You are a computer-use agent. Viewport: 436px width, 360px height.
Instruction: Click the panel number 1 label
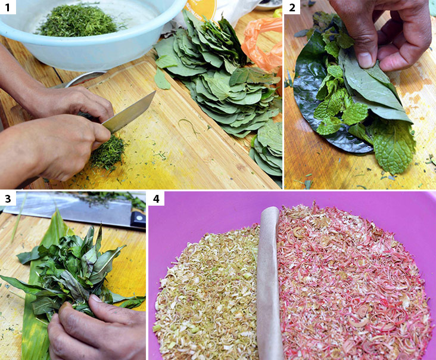[x=8, y=7]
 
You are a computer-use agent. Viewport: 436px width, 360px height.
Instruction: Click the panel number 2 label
[x=292, y=7]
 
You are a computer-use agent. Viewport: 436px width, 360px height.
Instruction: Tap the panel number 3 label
[x=8, y=198]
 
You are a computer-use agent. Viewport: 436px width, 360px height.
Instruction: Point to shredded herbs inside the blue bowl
[x=77, y=21]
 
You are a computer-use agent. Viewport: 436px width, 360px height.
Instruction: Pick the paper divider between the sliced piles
[x=269, y=280]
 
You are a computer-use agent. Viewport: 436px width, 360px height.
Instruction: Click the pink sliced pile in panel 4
[x=351, y=280]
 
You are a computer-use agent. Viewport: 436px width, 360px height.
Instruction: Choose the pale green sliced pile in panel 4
[x=208, y=292]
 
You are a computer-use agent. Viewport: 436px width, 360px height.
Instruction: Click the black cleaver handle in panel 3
[x=138, y=219]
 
